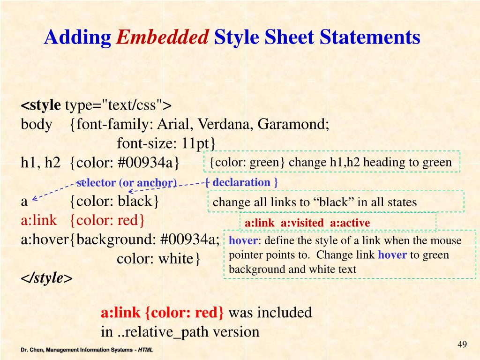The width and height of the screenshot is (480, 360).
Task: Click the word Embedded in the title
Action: click(162, 37)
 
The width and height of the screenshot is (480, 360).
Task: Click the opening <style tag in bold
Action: click(41, 105)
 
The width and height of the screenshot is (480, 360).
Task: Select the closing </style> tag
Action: click(46, 278)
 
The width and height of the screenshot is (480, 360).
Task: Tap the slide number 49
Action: click(462, 345)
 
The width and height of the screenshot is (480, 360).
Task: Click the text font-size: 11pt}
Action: click(166, 143)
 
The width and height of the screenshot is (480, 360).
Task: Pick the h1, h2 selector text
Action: click(41, 163)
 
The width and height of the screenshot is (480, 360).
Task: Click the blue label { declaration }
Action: click(242, 182)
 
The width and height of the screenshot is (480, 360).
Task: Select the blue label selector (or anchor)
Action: click(127, 183)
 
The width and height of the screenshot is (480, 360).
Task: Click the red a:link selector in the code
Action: click(38, 220)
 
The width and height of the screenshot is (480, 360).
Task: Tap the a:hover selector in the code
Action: click(45, 240)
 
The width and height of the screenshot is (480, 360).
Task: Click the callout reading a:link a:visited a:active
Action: click(307, 223)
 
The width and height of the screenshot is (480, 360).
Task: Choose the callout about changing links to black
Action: click(315, 202)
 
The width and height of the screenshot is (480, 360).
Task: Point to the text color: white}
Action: click(159, 259)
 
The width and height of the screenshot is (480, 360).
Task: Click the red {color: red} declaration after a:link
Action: click(108, 220)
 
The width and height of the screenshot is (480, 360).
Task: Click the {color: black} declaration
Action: click(115, 202)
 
